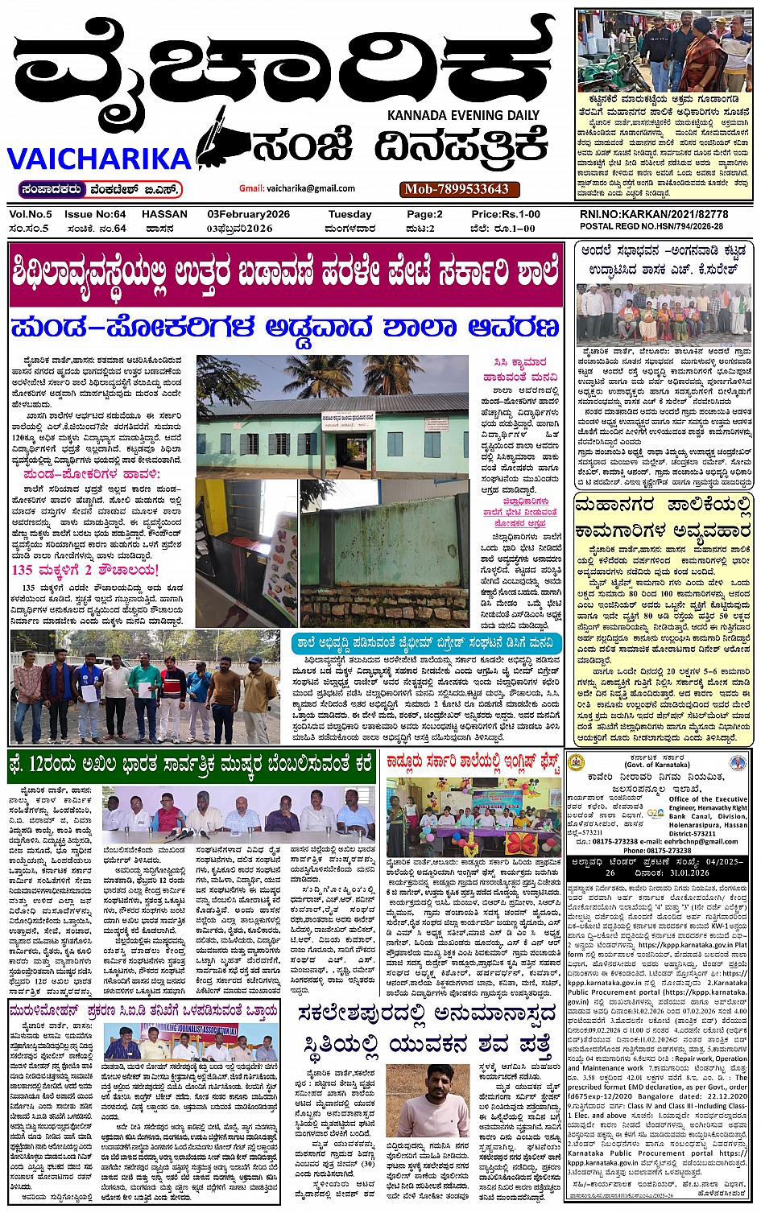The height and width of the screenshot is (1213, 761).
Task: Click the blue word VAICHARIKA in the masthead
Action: tap(99, 158)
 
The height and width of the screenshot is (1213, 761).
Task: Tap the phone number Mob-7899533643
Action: tap(457, 189)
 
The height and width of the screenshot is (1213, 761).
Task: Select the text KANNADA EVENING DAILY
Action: tap(463, 115)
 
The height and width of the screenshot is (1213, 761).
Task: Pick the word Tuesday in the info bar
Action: tap(349, 215)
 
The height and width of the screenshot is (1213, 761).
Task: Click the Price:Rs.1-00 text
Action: tap(505, 215)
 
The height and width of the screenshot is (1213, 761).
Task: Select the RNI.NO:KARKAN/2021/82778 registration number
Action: tap(653, 215)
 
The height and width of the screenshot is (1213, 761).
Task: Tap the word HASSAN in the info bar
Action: tap(164, 215)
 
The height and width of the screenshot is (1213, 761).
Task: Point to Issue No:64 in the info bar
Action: tap(95, 215)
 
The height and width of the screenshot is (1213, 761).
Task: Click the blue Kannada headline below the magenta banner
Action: tap(285, 328)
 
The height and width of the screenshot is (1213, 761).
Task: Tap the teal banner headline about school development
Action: tap(425, 643)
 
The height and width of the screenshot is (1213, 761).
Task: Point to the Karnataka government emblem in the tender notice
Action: tap(576, 763)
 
